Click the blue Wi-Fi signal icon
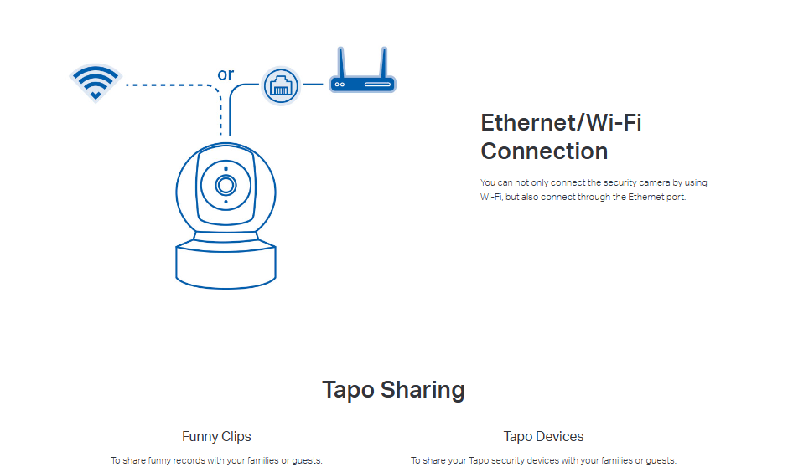click(96, 82)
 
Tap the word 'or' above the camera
click(226, 74)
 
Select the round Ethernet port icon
click(280, 85)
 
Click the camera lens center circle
click(226, 185)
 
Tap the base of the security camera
click(226, 263)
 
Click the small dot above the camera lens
click(226, 168)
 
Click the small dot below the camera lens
click(226, 202)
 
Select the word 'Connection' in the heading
click(544, 151)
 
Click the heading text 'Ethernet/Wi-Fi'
click(561, 123)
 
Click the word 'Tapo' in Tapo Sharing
click(348, 390)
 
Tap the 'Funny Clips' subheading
click(216, 436)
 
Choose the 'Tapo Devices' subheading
click(543, 436)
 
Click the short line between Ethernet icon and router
click(313, 85)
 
